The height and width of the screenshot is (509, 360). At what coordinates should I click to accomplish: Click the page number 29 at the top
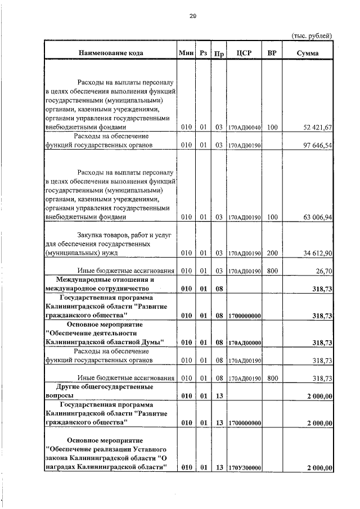click(192, 16)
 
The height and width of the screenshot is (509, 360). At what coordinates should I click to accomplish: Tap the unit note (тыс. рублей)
click(312, 36)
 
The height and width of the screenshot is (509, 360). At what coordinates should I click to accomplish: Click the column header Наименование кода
click(110, 53)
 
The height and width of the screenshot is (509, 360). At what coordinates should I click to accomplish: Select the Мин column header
click(186, 53)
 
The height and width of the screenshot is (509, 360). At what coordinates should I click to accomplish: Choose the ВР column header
click(272, 53)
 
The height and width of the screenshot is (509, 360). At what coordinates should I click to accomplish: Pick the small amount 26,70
click(323, 271)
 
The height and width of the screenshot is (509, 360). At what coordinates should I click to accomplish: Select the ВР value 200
click(272, 254)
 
